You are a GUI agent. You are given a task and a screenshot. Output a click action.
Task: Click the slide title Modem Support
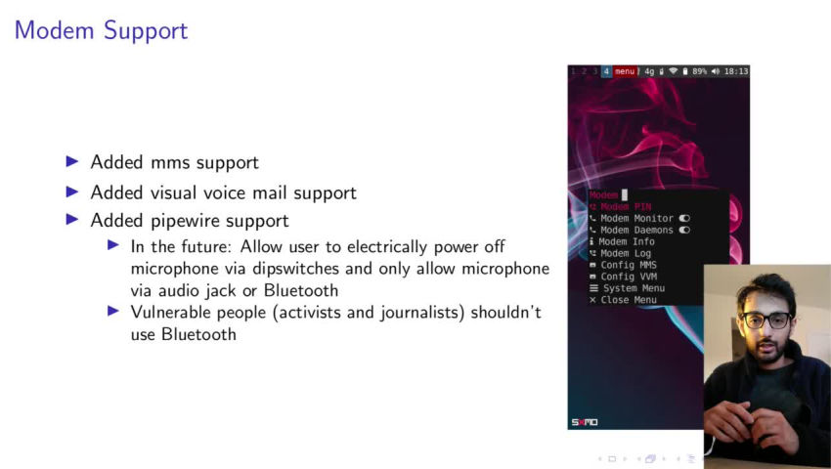[x=102, y=30]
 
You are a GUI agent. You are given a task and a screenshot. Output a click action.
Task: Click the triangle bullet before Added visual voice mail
[x=72, y=192]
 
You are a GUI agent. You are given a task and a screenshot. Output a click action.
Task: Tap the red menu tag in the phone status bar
[x=625, y=71]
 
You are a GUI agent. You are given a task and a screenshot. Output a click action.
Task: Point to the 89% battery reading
[x=699, y=71]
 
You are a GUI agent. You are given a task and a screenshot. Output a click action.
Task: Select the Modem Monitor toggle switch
[x=684, y=218]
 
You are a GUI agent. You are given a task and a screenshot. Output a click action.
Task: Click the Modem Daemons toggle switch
[x=684, y=230]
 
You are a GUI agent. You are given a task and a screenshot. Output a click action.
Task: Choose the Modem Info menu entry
[x=622, y=241]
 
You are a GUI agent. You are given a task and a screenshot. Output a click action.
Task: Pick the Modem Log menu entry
[x=621, y=253]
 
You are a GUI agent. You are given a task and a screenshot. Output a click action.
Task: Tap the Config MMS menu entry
[x=624, y=265]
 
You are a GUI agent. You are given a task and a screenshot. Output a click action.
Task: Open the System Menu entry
[x=628, y=288]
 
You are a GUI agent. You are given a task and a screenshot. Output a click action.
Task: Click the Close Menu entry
[x=624, y=300]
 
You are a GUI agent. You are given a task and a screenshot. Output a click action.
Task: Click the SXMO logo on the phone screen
[x=585, y=422]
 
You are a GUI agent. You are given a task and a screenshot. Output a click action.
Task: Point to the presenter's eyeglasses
[x=766, y=320]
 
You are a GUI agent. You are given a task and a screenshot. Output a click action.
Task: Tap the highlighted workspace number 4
[x=607, y=71]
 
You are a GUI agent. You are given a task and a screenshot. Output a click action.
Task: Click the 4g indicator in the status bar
[x=649, y=71]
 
